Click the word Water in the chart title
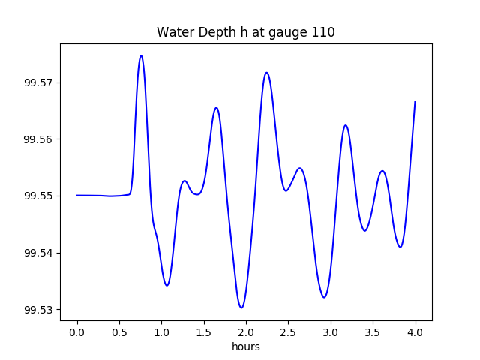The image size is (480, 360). [173, 33]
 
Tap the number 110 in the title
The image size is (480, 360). [323, 33]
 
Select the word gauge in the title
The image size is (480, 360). [292, 33]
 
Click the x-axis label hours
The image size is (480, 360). [246, 347]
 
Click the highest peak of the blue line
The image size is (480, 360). [141, 55]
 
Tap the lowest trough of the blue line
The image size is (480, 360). [241, 307]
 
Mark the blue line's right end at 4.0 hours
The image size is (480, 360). [415, 101]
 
